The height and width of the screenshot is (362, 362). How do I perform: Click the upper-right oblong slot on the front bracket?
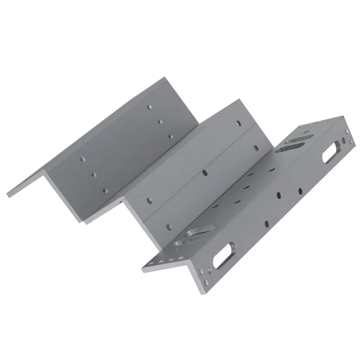point(332,152)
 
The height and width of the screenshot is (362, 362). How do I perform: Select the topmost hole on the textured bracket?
point(149,107)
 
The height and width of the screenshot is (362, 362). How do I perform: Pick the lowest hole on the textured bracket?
point(105,190)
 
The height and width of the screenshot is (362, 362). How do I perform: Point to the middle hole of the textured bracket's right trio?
point(159,122)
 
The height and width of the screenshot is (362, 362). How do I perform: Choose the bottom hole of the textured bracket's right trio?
point(170,136)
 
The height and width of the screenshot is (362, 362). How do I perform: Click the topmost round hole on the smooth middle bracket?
point(238,123)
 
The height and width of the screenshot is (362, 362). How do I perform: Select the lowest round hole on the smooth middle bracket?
point(168,227)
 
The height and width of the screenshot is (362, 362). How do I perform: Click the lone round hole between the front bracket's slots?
point(266,223)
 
